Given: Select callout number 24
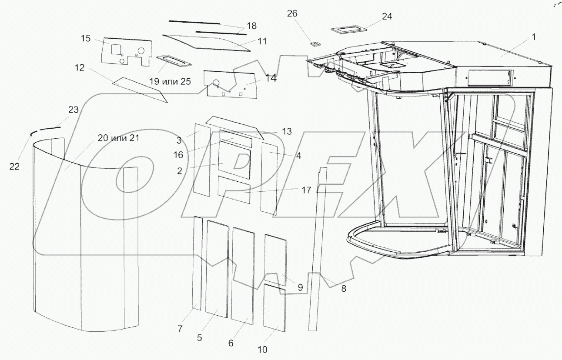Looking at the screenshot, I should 387,17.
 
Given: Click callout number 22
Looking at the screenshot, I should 14,166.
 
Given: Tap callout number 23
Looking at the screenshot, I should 74,110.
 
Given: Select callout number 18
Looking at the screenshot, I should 251,26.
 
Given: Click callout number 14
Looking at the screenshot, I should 271,78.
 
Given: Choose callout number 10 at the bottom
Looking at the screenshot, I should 262,349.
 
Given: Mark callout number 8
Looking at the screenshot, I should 343,288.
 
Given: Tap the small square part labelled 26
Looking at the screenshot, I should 314,43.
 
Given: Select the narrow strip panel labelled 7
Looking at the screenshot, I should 197,263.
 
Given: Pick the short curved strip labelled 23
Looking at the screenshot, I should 49,128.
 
